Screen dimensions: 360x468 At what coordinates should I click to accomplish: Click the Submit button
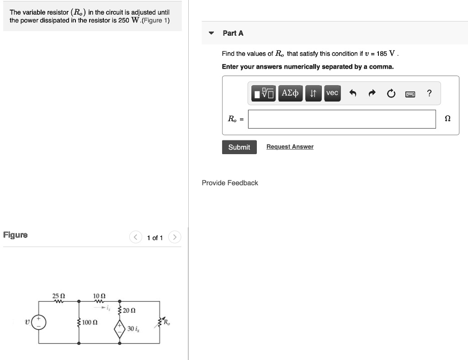click(x=239, y=147)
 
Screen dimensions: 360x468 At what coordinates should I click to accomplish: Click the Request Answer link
click(x=290, y=147)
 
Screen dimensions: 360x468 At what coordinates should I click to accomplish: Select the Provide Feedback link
click(x=230, y=183)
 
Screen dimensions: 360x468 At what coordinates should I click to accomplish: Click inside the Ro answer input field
click(x=341, y=119)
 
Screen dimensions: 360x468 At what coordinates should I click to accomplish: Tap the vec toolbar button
click(x=332, y=93)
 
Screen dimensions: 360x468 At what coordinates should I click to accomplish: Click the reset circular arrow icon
click(x=391, y=94)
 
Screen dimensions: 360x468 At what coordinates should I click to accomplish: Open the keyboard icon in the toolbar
click(x=410, y=94)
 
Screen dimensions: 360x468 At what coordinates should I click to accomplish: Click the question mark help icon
click(x=429, y=94)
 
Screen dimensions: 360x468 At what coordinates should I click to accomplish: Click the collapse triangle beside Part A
click(x=211, y=33)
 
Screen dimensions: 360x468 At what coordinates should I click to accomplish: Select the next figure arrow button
click(x=175, y=237)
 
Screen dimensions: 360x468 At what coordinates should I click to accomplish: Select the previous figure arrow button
click(x=136, y=237)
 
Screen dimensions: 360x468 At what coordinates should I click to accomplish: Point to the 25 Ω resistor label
click(x=58, y=296)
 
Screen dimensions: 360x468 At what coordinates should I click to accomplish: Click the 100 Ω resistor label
click(x=90, y=323)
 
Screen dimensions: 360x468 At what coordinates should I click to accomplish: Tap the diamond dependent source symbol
click(x=120, y=329)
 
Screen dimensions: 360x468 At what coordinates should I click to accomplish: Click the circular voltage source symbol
click(x=38, y=322)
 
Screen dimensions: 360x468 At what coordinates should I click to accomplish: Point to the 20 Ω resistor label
click(x=129, y=311)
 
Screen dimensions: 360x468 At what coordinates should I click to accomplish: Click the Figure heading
click(x=16, y=235)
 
